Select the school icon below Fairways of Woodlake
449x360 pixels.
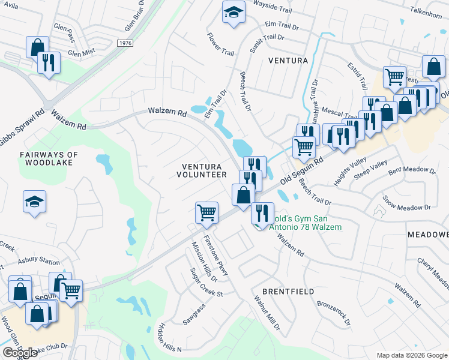(x=34, y=202)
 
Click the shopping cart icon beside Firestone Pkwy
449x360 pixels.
(x=206, y=212)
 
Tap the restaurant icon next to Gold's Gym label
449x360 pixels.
(x=262, y=212)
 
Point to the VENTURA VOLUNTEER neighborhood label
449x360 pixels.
(x=202, y=170)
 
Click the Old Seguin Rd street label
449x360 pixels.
(x=302, y=171)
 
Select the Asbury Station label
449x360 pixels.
(x=38, y=262)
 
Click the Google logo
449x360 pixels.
(x=20, y=353)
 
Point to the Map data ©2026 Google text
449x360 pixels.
(x=411, y=355)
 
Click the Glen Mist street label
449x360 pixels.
(x=82, y=53)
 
